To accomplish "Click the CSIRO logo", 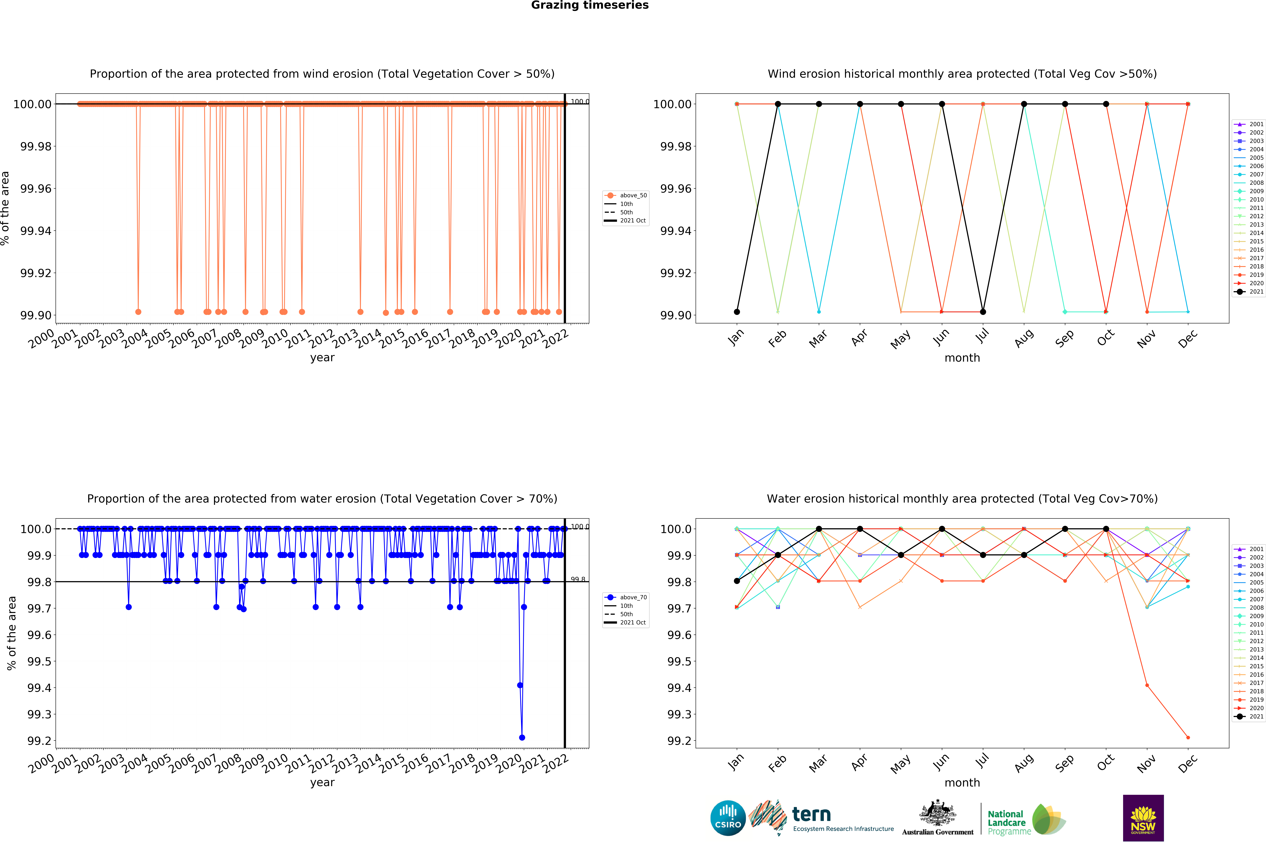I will pos(728,818).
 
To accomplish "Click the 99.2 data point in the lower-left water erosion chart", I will pos(522,738).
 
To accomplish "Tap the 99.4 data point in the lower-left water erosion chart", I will pos(520,685).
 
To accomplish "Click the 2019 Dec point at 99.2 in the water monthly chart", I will pos(1188,738).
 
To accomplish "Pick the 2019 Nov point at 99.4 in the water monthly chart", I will pos(1147,685).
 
